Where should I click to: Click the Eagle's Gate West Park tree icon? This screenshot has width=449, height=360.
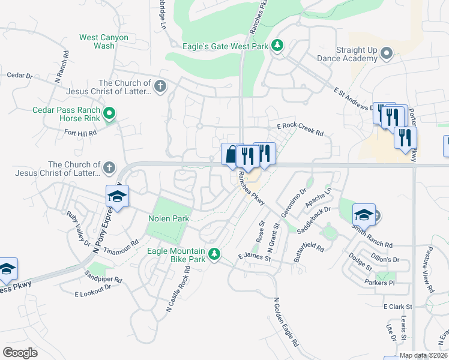(277, 46)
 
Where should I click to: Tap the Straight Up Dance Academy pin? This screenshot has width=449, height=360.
(387, 55)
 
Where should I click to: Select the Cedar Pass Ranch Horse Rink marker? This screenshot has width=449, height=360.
(109, 113)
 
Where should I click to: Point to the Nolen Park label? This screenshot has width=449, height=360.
(169, 219)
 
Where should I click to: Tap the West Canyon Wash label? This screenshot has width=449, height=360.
(104, 41)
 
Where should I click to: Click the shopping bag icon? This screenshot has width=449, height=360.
(231, 155)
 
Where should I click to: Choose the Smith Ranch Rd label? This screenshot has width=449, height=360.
(372, 244)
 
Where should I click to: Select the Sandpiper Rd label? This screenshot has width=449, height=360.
(103, 280)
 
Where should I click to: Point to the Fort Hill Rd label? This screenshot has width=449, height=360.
(80, 133)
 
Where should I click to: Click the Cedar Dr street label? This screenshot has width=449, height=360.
(19, 75)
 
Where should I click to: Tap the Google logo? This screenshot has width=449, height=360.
(20, 352)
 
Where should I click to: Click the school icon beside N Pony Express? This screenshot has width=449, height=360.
(118, 196)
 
